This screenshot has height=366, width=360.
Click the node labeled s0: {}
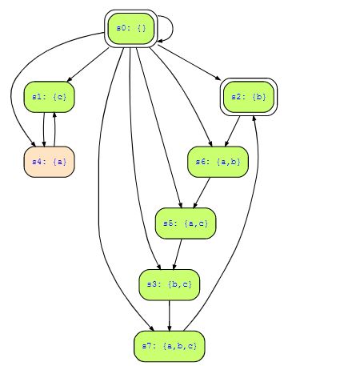tap(131, 29)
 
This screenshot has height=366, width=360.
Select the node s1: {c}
tap(50, 97)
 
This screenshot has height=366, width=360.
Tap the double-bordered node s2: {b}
tap(249, 97)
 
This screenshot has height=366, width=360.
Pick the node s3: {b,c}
tap(170, 285)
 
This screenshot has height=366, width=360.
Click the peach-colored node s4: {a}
tap(50, 162)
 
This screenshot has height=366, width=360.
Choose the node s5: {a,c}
tap(186, 223)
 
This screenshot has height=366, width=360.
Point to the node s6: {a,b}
tap(218, 162)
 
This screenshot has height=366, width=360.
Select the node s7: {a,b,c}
tap(170, 347)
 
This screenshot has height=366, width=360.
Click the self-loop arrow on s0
tap(173, 29)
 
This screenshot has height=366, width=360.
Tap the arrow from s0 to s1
tap(88, 65)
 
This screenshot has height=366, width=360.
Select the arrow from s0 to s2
tap(189, 62)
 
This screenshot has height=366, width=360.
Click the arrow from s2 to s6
tap(232, 131)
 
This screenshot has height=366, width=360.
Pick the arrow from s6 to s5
tap(202, 193)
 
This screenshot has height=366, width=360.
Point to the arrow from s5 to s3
tap(178, 254)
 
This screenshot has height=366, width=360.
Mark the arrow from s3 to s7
tap(170, 316)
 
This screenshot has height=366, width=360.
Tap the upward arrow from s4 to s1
tap(54, 130)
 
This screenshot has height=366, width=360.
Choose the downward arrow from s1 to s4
tap(44, 130)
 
